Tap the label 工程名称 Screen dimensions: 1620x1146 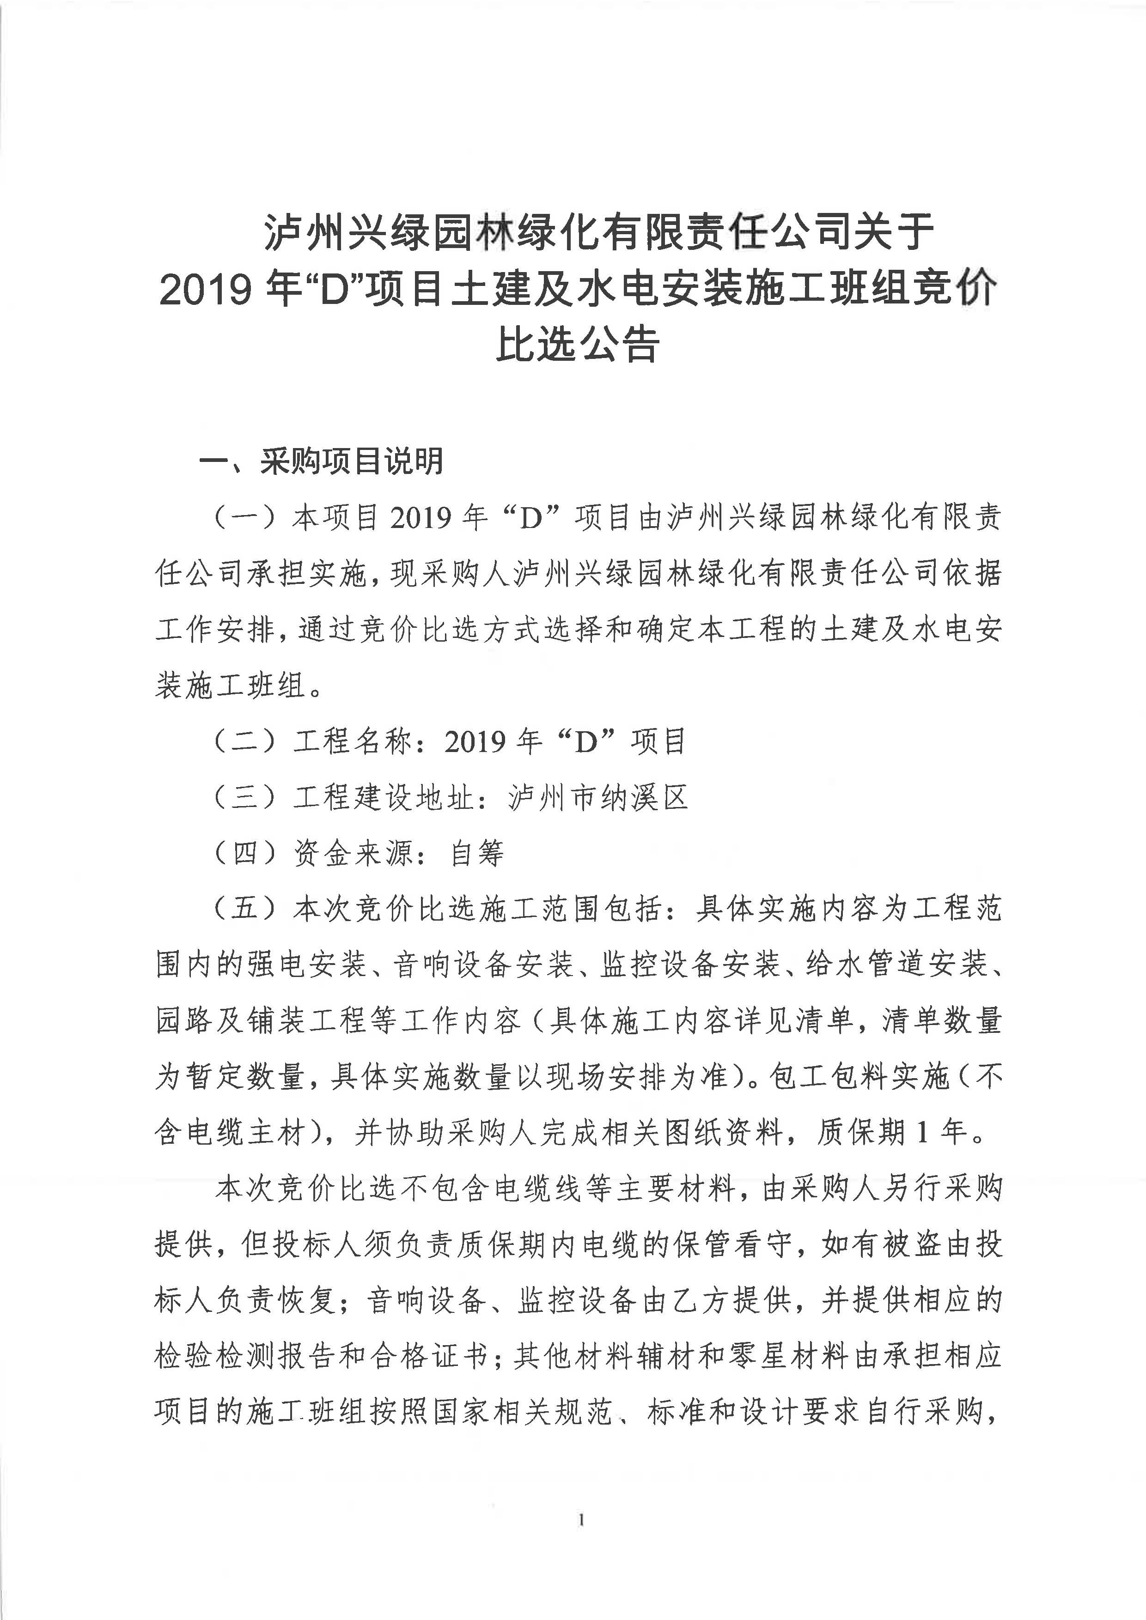(x=353, y=741)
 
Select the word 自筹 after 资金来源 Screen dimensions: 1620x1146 (x=478, y=854)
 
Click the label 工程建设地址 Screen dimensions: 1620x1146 (x=383, y=798)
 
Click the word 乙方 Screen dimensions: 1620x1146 (x=702, y=1300)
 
